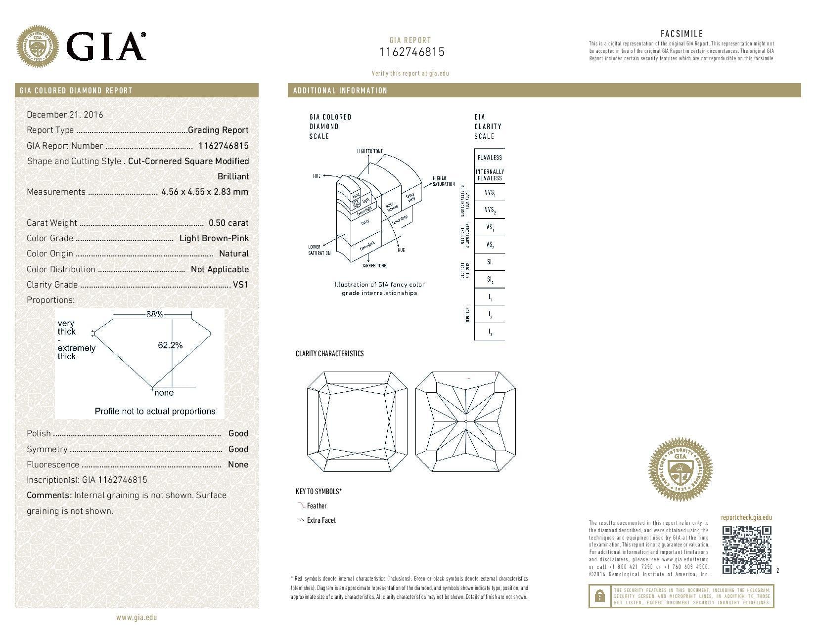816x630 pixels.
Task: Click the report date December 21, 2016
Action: point(65,115)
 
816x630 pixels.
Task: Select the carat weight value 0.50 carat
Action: point(228,223)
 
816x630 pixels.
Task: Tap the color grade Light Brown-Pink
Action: point(214,238)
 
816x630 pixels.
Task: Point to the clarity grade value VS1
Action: point(240,285)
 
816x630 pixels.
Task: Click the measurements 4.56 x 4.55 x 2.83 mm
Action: point(205,192)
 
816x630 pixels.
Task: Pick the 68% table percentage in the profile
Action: point(154,314)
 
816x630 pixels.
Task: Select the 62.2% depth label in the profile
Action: point(170,345)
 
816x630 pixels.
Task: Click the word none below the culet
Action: point(164,393)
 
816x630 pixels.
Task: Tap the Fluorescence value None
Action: point(238,464)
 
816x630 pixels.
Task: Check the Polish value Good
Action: point(238,433)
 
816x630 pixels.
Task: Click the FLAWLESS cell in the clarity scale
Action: point(489,158)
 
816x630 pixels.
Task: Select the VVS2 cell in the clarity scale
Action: point(489,210)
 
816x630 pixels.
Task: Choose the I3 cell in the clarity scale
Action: point(489,332)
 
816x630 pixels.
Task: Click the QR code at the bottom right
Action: point(747,549)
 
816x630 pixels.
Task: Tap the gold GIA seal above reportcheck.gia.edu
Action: point(680,467)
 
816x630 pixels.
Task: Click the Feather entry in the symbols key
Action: point(317,506)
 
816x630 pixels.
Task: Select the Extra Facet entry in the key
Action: point(320,520)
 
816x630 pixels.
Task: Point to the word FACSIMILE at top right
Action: point(681,34)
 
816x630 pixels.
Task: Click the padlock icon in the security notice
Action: point(599,596)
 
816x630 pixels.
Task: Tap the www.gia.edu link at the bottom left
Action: point(136,617)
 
